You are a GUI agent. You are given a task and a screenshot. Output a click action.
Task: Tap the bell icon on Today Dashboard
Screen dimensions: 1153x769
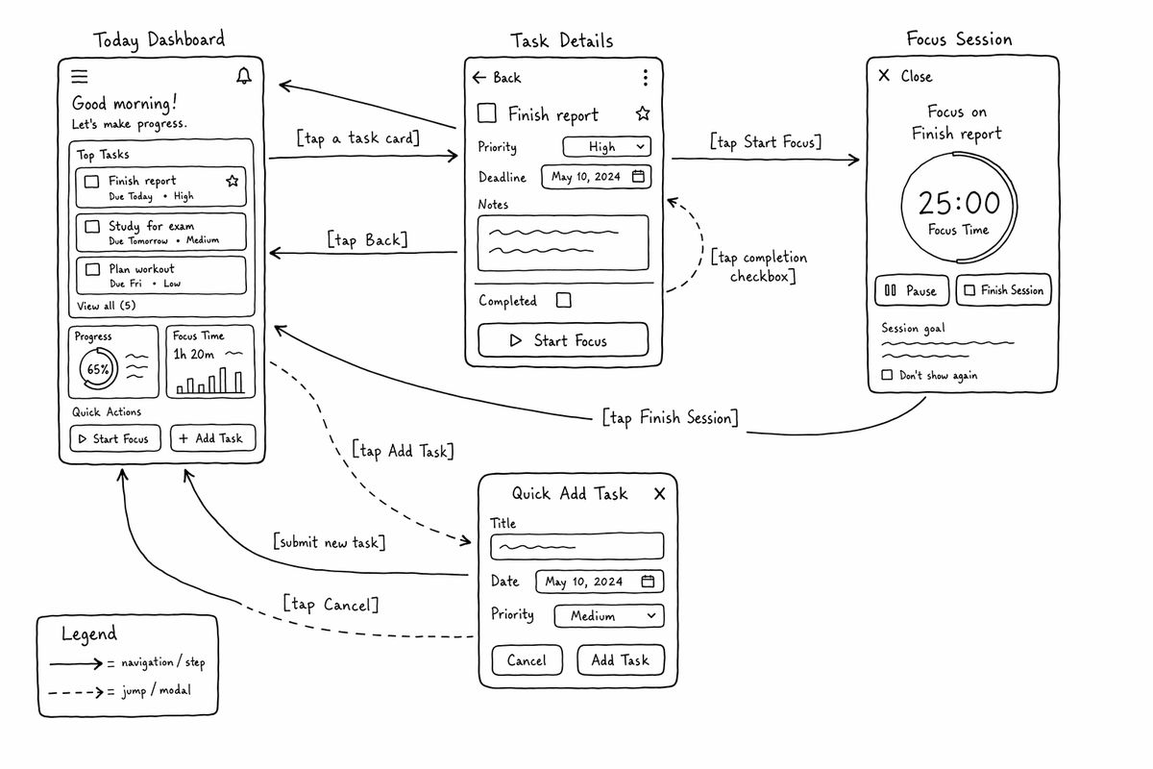point(243,76)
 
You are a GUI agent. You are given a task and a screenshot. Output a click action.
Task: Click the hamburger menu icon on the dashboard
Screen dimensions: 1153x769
point(79,76)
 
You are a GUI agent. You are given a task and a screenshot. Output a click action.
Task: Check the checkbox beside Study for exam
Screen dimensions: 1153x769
point(92,227)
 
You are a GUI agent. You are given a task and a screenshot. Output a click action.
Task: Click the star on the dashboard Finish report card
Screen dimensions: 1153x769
point(233,181)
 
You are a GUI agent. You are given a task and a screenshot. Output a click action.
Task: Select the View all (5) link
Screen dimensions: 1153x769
point(106,306)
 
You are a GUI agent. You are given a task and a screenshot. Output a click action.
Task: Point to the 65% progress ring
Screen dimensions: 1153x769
point(98,368)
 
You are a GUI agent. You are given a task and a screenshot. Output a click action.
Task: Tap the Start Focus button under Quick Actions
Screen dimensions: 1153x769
point(114,438)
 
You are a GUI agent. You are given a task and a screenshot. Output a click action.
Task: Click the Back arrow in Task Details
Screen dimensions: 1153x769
point(478,77)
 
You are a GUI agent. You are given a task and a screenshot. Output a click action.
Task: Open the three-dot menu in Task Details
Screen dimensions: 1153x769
point(646,77)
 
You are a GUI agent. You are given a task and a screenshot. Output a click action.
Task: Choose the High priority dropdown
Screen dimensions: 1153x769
point(607,147)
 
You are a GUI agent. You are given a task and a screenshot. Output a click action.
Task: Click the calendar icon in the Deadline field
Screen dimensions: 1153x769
point(638,176)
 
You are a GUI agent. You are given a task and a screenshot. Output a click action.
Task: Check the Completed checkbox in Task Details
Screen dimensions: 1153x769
point(564,300)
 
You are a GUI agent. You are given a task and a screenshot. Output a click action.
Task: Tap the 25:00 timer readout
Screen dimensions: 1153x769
point(959,203)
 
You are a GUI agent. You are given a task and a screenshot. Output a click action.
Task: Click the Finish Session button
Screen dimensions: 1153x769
point(1004,290)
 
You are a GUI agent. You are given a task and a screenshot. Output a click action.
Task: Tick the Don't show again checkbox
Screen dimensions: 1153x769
point(887,375)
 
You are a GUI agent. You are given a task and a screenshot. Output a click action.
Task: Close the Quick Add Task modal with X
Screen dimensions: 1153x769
point(659,494)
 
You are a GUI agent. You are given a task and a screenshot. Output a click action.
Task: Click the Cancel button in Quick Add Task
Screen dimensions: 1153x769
point(527,659)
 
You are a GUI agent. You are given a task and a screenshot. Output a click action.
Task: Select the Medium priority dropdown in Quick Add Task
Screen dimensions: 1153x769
point(609,616)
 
